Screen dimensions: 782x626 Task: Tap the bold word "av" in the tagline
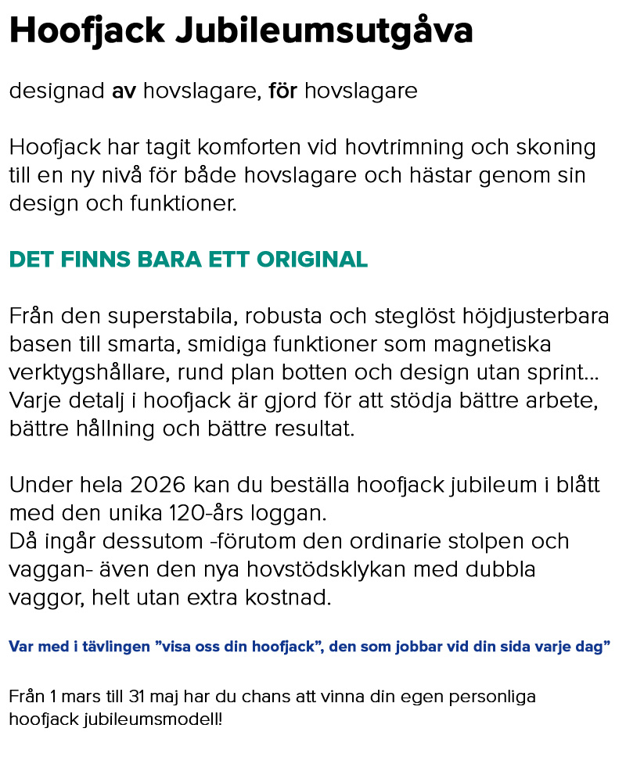[x=124, y=91]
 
